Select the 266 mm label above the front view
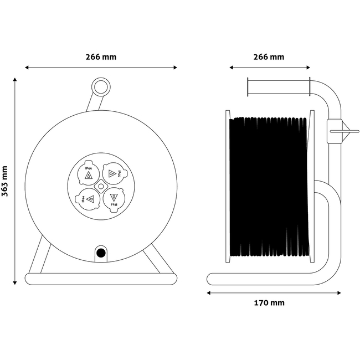(101, 57)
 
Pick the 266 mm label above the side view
(269, 57)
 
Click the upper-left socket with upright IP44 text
(88, 173)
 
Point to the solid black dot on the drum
(101, 253)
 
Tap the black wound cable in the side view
(269, 188)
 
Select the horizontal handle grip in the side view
(277, 88)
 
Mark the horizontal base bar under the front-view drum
(101, 278)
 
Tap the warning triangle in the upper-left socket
(88, 176)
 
